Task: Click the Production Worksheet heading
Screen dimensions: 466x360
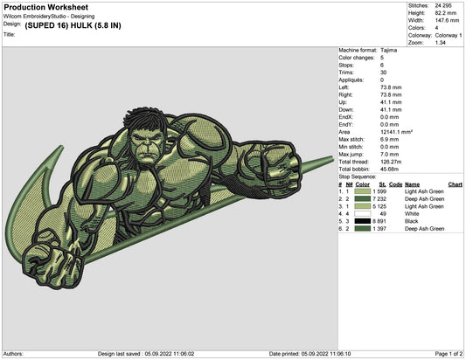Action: (x=46, y=7)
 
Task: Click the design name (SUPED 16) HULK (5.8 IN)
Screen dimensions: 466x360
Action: (x=73, y=25)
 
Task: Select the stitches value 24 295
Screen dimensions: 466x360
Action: (x=443, y=5)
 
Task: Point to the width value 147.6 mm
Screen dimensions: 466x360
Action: (x=447, y=20)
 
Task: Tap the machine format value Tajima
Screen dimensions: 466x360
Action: (x=388, y=50)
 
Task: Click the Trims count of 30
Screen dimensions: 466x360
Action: (x=384, y=73)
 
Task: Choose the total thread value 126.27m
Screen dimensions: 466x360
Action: (x=391, y=162)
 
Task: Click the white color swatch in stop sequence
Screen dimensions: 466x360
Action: (x=363, y=213)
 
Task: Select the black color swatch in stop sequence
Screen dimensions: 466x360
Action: (x=363, y=221)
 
